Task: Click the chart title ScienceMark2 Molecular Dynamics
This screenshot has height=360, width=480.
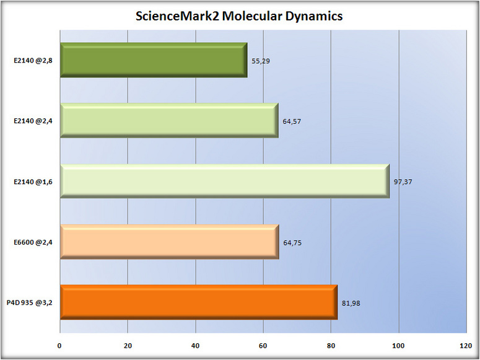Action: (240, 17)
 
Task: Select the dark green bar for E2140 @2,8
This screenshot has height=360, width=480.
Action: (154, 60)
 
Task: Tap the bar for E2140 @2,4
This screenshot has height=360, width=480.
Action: (169, 120)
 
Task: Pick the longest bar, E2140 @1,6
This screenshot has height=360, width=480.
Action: (225, 181)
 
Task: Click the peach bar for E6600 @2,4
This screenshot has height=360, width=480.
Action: (169, 242)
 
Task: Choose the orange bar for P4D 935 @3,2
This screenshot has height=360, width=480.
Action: (198, 302)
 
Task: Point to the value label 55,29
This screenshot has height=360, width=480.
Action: (261, 61)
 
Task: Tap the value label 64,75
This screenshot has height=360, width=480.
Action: (292, 243)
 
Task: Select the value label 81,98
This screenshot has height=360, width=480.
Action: (351, 303)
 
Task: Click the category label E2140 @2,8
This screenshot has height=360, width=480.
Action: (33, 61)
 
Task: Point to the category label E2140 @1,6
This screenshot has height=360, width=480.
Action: (33, 182)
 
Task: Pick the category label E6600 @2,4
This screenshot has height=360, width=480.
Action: (33, 242)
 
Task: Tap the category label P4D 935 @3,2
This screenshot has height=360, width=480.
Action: (30, 303)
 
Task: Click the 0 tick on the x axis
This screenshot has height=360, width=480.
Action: (59, 346)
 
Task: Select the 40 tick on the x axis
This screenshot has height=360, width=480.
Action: (195, 346)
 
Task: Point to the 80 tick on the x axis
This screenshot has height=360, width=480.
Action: (331, 346)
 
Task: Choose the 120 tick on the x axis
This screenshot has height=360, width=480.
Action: (466, 346)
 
